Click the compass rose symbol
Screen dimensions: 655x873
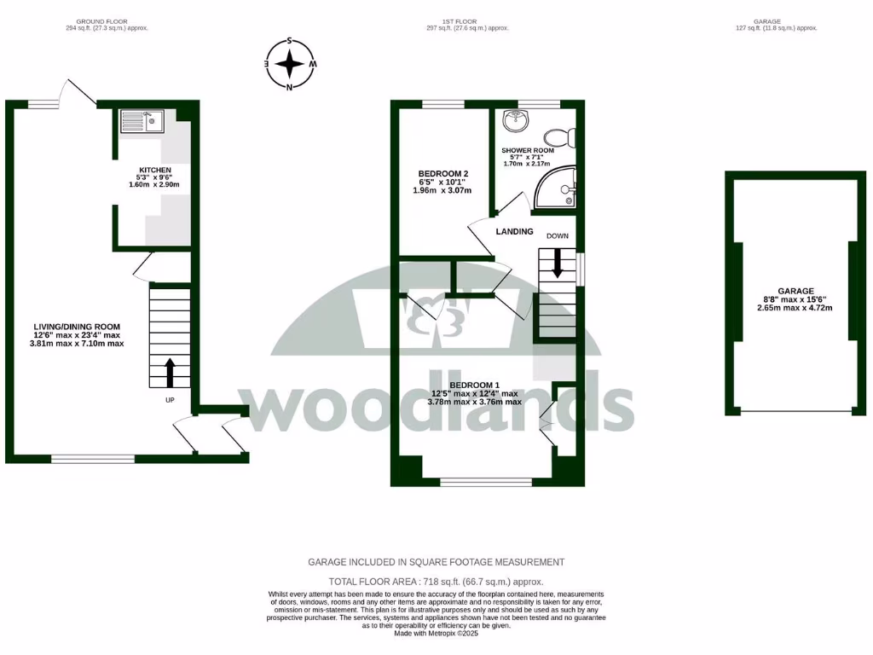pos(291,64)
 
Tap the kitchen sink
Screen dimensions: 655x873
pos(142,121)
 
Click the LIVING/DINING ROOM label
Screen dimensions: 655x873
pos(77,327)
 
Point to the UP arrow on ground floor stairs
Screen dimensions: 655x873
pos(169,372)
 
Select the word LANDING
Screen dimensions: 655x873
pos(514,232)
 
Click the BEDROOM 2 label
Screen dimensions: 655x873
pos(443,174)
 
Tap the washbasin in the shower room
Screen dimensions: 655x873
pos(516,121)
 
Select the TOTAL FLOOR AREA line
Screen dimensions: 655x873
pos(436,582)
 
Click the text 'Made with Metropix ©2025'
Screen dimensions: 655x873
pos(436,633)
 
